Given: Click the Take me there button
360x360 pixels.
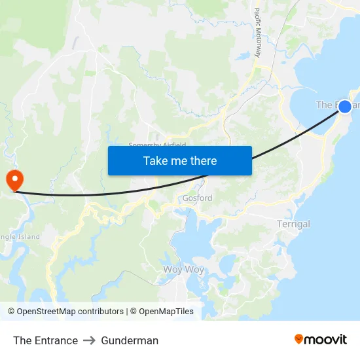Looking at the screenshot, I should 180,160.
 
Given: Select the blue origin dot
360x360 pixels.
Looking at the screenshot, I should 345,106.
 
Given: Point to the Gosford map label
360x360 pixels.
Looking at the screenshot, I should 197,198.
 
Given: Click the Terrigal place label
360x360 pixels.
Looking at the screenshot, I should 293,225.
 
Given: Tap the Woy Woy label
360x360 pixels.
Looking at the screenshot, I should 183,270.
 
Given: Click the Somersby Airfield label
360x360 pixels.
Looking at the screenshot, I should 157,145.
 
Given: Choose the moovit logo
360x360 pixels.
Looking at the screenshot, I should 321,340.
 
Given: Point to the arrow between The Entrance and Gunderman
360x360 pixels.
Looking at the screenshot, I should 90,340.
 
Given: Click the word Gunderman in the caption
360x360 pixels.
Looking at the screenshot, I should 130,340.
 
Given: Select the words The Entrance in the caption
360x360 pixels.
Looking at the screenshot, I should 45,340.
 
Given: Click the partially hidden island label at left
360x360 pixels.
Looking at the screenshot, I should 20,237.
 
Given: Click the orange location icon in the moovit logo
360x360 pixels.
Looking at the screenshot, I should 299,340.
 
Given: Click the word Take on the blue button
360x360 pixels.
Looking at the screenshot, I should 156,160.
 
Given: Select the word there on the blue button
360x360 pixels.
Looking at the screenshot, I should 202,160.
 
